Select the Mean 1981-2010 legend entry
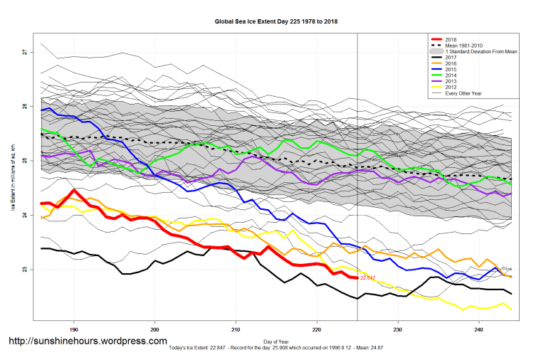[x=463, y=46]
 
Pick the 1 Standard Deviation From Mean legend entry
[x=477, y=52]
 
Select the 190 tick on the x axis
[x=73, y=329]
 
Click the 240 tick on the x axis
[x=479, y=329]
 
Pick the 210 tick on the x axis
[x=236, y=329]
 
